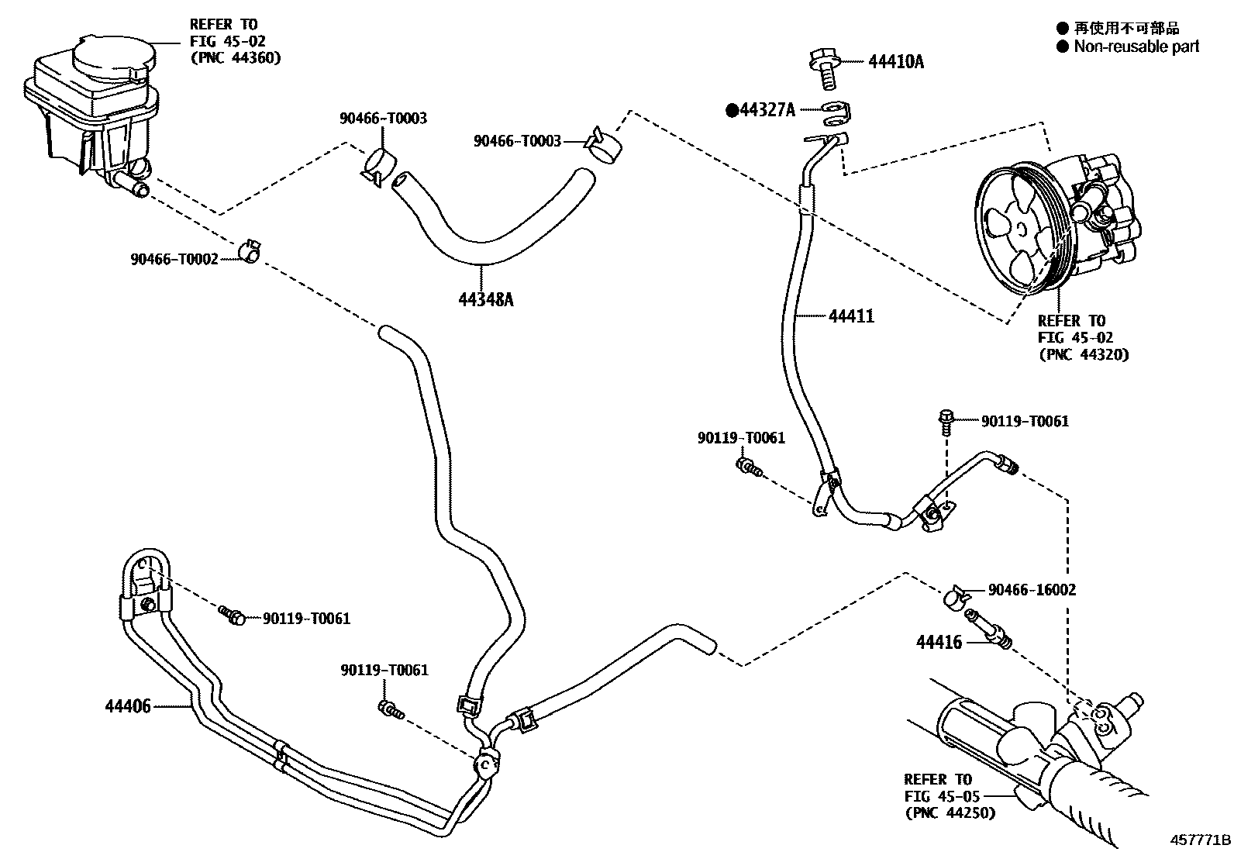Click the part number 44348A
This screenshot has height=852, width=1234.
[x=485, y=298]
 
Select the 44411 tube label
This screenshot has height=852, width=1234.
[x=851, y=316]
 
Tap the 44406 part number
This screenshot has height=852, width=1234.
[x=129, y=706]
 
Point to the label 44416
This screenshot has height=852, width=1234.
[x=939, y=643]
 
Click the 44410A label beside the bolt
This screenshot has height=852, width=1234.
[x=896, y=61]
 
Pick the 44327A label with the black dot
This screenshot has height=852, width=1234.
[x=767, y=110]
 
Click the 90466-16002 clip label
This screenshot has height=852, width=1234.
[x=1032, y=590]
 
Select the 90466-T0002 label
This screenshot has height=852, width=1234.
[x=174, y=259]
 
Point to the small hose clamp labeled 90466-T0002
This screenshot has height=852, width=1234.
[x=250, y=250]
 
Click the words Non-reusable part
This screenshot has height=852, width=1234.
[x=1136, y=47]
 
